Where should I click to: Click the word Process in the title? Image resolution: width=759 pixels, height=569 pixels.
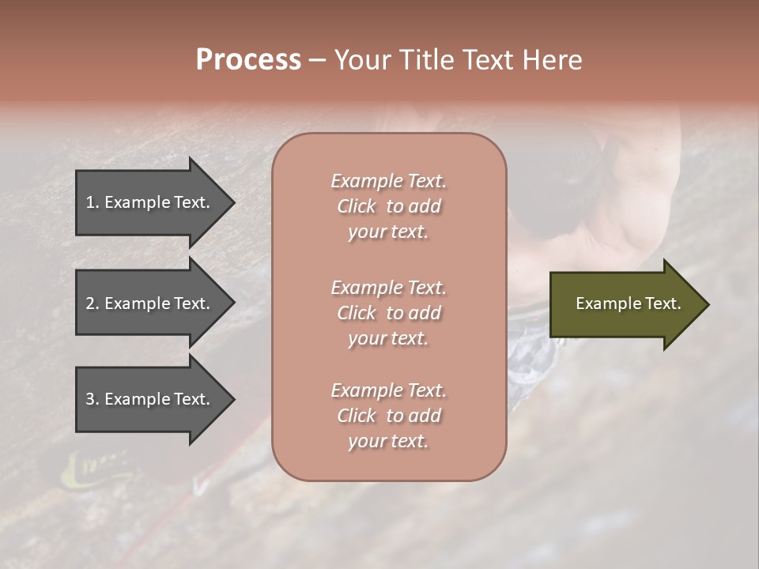tap(248, 60)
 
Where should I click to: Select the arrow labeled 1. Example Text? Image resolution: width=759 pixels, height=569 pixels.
tap(150, 202)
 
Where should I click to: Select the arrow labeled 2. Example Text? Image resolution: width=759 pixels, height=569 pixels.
tap(150, 303)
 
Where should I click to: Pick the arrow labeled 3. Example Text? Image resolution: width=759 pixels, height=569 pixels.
tap(150, 399)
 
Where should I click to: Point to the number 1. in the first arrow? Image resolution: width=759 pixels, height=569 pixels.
tap(93, 202)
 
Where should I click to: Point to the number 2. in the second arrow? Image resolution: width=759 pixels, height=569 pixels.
tap(93, 303)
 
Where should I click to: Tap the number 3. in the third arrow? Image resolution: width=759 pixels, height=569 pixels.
tap(93, 399)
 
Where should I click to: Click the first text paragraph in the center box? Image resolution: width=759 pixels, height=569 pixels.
tap(388, 206)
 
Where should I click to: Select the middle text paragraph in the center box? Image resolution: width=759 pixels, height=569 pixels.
tap(388, 313)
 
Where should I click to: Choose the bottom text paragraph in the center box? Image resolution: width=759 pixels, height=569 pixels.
tap(388, 416)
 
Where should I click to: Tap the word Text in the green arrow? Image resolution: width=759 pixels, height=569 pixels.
tap(663, 303)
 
